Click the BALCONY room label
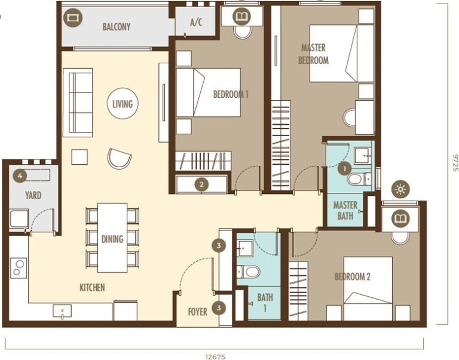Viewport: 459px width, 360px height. coord(116,27)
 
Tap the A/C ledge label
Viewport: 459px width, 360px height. coord(196,23)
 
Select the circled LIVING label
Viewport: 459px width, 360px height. coord(122,104)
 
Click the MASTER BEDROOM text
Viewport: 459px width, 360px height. coord(314,54)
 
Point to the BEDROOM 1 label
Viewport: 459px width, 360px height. coord(231,94)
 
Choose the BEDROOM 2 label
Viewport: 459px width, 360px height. coord(353,276)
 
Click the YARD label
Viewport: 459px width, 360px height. coord(33,195)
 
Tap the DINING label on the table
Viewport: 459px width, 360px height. coord(112,239)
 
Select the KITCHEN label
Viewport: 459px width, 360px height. coord(92,288)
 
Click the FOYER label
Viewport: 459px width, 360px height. coord(197,312)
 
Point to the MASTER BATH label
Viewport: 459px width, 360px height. coord(345,211)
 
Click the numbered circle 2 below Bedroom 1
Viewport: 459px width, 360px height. coord(202,184)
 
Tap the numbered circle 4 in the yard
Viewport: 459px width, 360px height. coord(20,176)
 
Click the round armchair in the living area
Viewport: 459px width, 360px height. coord(118,158)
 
